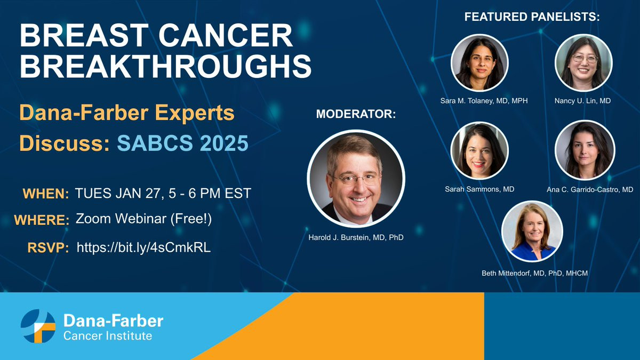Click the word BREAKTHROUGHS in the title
[165, 66]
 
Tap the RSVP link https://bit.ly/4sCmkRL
[143, 247]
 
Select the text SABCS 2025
[182, 143]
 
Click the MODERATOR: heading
[356, 114]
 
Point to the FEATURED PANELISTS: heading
[532, 17]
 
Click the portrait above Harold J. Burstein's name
[356, 179]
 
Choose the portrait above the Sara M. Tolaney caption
[479, 63]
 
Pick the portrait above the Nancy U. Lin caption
[583, 63]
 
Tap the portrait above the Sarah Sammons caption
[479, 151]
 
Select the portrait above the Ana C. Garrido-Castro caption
[585, 150]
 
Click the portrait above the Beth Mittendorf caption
[532, 231]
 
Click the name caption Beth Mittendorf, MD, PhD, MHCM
[534, 273]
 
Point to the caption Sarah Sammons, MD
[479, 189]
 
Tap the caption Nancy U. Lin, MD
[582, 101]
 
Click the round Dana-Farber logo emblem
[38, 326]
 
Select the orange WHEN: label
[46, 194]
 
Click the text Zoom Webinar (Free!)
[143, 219]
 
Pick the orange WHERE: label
[42, 220]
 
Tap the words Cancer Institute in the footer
[107, 335]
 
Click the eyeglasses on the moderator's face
[356, 178]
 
